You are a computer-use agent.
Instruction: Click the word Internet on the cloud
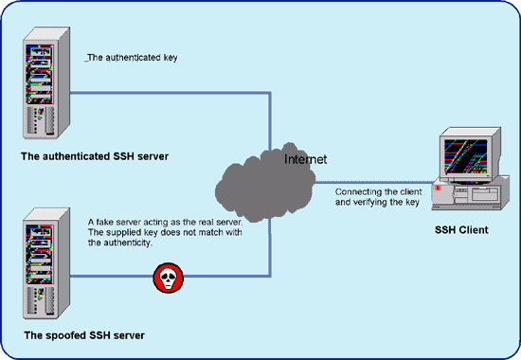[x=305, y=159]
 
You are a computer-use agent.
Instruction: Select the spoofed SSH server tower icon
[x=41, y=266]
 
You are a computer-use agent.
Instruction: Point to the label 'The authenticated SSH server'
[x=94, y=155]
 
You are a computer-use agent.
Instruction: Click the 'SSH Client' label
[x=460, y=229]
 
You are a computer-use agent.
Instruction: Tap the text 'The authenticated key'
[x=132, y=57]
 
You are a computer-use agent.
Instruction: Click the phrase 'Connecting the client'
[x=378, y=192]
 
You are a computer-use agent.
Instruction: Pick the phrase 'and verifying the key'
[x=378, y=204]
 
